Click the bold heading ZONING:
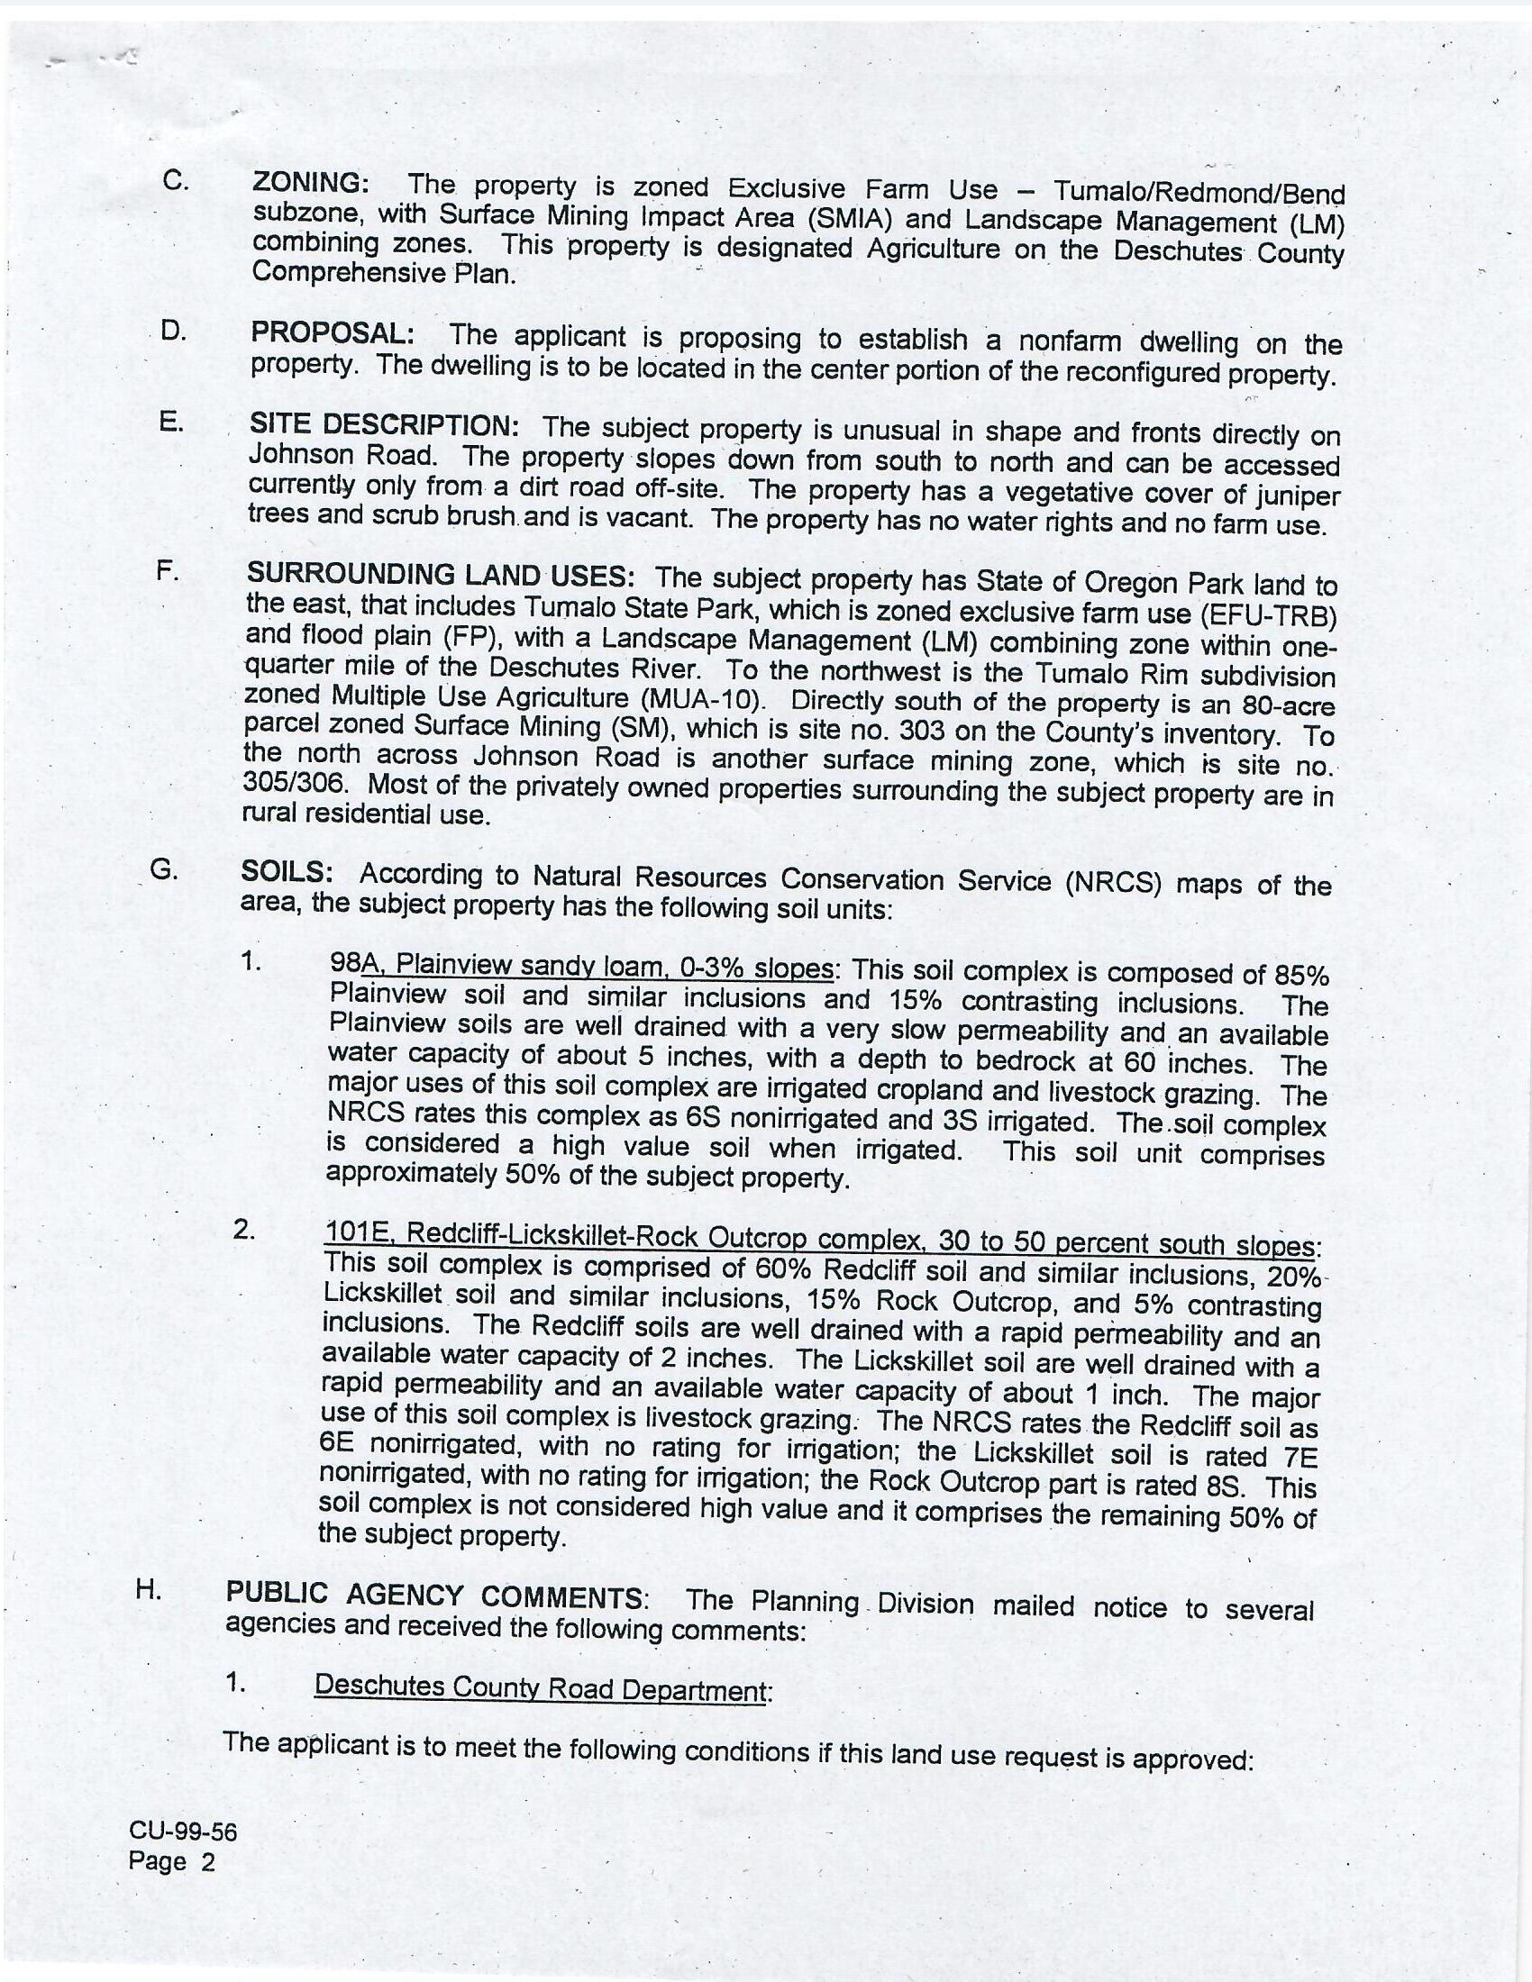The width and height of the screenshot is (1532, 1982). coord(310,182)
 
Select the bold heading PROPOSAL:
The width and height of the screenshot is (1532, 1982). coord(333,333)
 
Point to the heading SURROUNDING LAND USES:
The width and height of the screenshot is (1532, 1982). coord(440,576)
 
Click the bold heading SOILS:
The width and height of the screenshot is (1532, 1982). coord(287,871)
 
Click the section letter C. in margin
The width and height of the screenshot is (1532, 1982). coord(176,179)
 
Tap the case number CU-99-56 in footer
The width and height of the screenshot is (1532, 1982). coord(182,1832)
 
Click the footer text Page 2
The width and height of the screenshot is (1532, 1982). coord(171,1862)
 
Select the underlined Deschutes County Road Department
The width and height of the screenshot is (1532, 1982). coord(542,1687)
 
